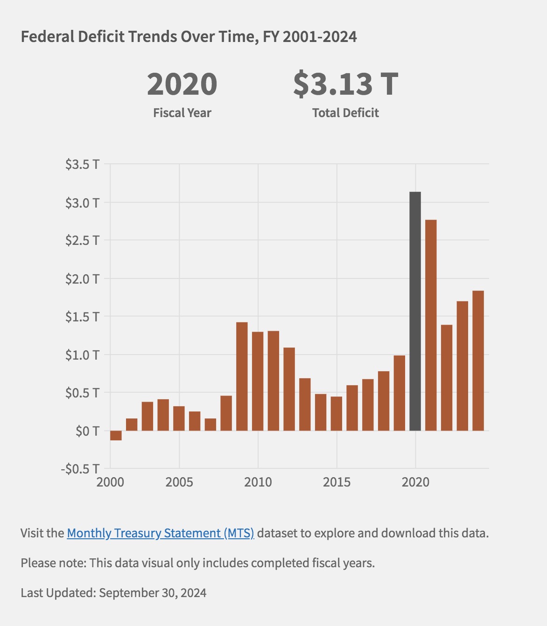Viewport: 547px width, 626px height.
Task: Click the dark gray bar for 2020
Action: click(415, 311)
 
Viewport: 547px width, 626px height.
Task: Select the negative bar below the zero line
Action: click(116, 436)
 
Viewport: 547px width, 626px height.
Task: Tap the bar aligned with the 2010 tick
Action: click(258, 381)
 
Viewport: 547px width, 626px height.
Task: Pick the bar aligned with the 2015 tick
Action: click(337, 413)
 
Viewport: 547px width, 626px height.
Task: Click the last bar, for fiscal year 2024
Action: click(478, 361)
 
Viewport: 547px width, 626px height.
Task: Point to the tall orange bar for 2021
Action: click(431, 325)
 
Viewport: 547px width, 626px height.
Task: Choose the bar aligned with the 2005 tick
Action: click(179, 418)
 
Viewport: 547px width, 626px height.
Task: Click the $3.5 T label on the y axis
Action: click(82, 164)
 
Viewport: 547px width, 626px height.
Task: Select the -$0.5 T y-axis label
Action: click(80, 469)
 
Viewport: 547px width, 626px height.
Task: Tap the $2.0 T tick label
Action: click(82, 278)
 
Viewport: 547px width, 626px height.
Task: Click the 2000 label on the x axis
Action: click(110, 482)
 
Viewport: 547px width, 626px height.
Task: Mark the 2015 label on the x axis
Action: click(337, 482)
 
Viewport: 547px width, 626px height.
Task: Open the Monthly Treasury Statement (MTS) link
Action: click(160, 533)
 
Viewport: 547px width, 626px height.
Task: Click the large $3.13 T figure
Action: click(345, 84)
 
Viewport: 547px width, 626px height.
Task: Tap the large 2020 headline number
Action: click(182, 84)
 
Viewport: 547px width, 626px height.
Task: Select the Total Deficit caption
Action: click(345, 113)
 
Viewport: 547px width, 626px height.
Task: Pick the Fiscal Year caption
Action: click(182, 113)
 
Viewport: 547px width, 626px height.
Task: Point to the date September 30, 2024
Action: click(153, 593)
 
